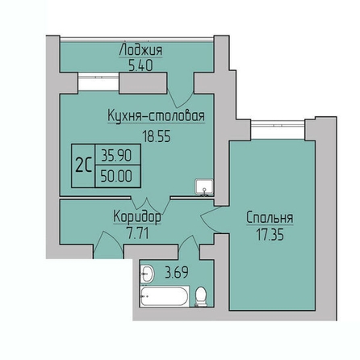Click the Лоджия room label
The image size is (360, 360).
click(140, 51)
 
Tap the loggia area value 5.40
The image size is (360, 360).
click(140, 65)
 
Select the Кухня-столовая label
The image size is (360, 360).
click(156, 116)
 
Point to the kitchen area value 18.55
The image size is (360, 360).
click(157, 136)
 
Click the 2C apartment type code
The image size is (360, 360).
click(83, 165)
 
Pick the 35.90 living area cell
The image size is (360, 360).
click(118, 156)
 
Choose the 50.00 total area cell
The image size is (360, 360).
click(118, 177)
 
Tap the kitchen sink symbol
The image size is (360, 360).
click(204, 187)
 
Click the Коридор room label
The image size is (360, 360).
click(137, 216)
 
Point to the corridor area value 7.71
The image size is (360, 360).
click(138, 233)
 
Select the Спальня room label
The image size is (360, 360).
click(270, 217)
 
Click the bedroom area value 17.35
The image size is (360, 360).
click(270, 235)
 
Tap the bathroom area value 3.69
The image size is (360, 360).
click(177, 272)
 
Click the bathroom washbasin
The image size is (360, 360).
click(147, 274)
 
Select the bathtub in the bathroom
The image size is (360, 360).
click(164, 296)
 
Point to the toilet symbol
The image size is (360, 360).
click(201, 296)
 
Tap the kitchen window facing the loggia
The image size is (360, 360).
click(98, 82)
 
